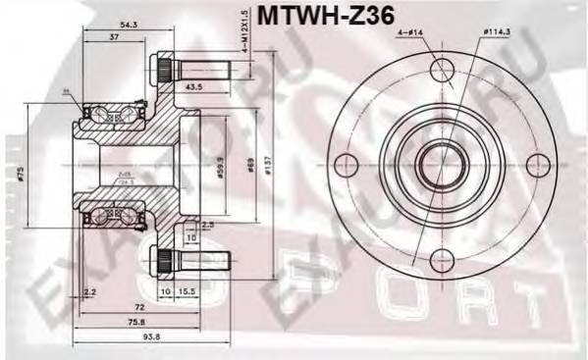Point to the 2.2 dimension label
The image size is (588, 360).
coord(90,293)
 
